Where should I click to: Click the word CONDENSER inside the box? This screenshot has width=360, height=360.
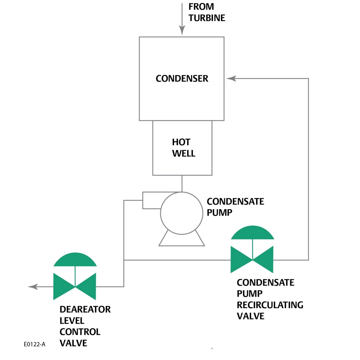click(182, 79)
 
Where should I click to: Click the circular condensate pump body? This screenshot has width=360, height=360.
click(182, 213)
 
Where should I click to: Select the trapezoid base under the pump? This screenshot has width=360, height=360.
click(182, 240)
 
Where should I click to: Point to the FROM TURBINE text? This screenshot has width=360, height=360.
click(207, 12)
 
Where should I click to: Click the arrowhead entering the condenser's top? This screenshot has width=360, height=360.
click(182, 31)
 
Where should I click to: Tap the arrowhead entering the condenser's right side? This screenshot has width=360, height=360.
click(231, 78)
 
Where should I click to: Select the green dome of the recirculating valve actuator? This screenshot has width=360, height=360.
click(252, 233)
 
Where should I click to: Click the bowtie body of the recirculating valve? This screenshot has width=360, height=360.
click(252, 259)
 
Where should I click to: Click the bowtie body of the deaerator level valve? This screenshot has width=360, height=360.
click(75, 287)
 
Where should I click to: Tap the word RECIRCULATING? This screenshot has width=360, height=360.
click(270, 305)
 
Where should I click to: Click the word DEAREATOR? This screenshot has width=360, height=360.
click(85, 310)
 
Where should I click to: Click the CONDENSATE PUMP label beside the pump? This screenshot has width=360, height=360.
click(235, 207)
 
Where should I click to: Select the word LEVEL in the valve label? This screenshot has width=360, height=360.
click(72, 321)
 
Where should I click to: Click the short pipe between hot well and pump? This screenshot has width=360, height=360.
click(182, 183)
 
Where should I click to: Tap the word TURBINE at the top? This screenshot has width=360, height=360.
click(207, 18)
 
